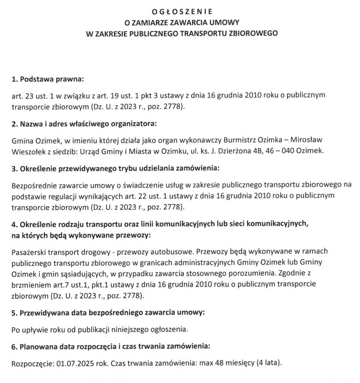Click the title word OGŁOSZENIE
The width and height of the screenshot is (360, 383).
pos(182,12)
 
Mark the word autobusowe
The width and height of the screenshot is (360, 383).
pos(174,252)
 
